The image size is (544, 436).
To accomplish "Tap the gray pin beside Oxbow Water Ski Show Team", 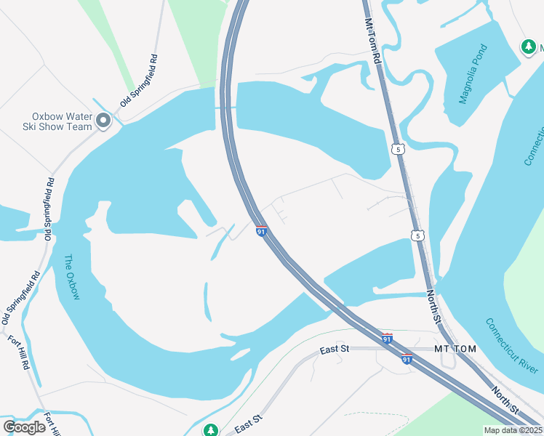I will (x=103, y=121).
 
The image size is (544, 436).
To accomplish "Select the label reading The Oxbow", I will (x=71, y=277).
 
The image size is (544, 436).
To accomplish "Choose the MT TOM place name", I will (x=455, y=350).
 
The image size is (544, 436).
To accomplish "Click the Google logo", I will (x=25, y=427).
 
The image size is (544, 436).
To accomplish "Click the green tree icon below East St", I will (x=211, y=430).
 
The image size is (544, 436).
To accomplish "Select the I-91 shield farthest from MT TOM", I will (x=262, y=231).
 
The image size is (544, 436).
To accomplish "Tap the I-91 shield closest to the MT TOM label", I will (x=407, y=359).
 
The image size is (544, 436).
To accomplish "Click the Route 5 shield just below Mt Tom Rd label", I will (x=397, y=149).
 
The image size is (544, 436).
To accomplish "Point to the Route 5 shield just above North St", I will (x=416, y=235).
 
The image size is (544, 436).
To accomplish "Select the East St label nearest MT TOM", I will (x=335, y=350).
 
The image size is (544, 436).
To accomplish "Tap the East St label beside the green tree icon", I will (x=247, y=423).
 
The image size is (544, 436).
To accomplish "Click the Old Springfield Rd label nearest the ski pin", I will (x=139, y=81).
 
